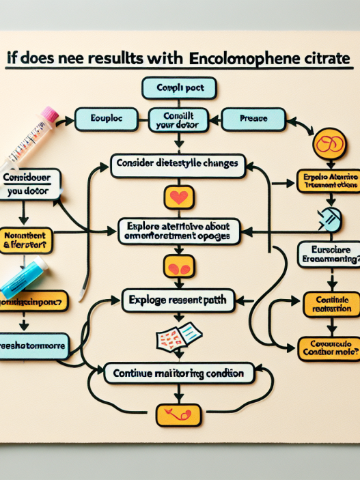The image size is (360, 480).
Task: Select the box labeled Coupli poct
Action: pyautogui.click(x=178, y=88)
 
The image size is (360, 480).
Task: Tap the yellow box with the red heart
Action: pyautogui.click(x=178, y=198)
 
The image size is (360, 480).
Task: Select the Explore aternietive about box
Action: pyautogui.click(x=178, y=231)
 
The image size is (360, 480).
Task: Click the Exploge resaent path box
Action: pyautogui.click(x=178, y=298)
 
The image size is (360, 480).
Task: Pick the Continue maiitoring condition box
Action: pyautogui.click(x=178, y=373)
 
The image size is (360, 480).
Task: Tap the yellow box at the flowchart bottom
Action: pyautogui.click(x=178, y=414)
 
